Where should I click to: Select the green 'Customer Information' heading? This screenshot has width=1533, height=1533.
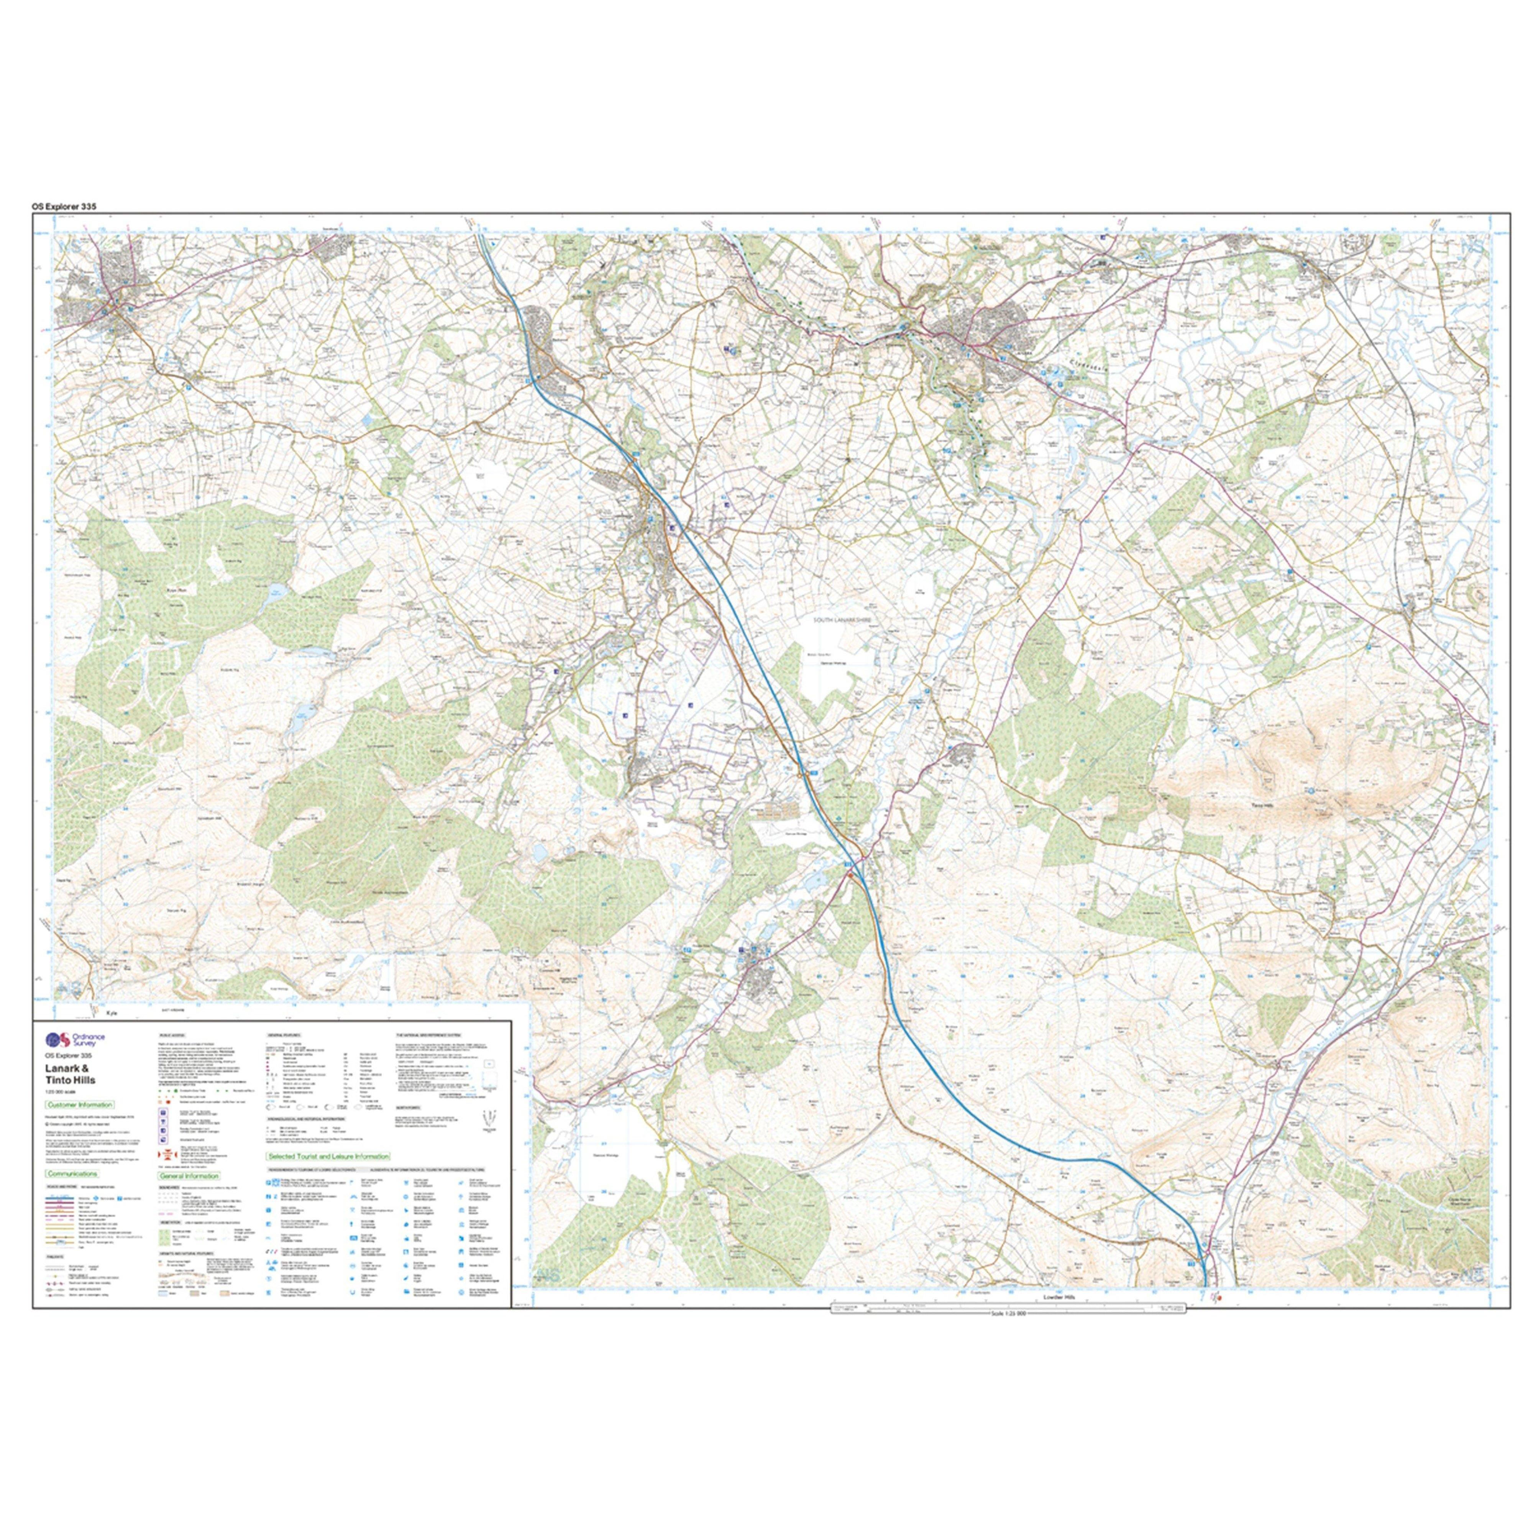point(79,1105)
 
